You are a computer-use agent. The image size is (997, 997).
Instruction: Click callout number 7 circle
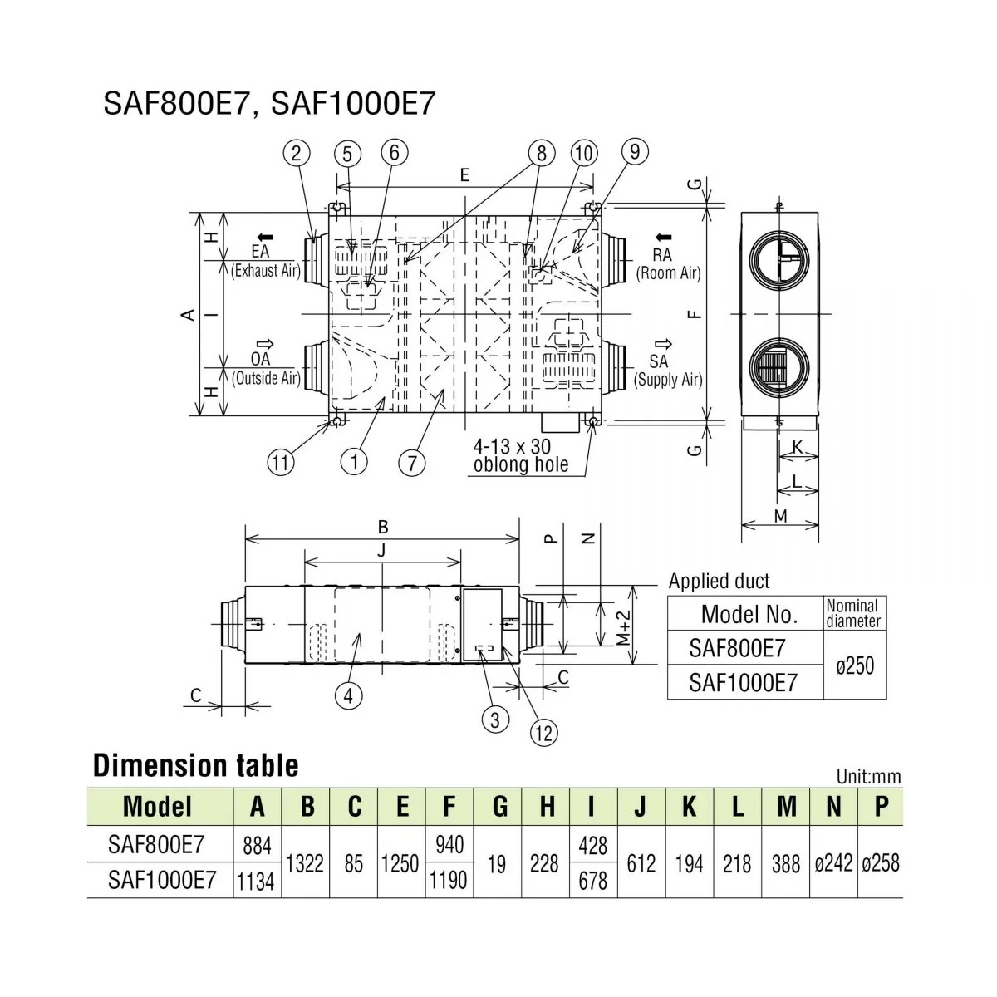point(412,462)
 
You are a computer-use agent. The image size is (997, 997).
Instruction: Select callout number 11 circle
point(281,462)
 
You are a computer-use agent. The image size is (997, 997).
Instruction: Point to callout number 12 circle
point(544,732)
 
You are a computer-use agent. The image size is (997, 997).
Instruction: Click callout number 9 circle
point(636,151)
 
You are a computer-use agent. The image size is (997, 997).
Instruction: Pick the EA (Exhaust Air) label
point(265,261)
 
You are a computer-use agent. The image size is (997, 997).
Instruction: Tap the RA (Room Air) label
point(667,264)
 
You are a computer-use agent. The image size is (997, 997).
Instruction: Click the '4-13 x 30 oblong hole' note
point(521,455)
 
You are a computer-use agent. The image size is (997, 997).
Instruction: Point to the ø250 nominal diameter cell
point(855,666)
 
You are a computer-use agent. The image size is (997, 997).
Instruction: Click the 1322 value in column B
point(305,863)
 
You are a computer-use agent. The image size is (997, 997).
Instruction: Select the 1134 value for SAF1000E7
point(256,881)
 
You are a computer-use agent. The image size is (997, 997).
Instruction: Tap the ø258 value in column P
point(880,863)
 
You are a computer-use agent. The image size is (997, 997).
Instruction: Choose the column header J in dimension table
point(641,807)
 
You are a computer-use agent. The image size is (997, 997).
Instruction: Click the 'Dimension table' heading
point(196,765)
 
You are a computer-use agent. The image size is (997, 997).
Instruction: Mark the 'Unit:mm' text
point(868,777)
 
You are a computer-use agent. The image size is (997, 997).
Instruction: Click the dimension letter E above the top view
point(464,174)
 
